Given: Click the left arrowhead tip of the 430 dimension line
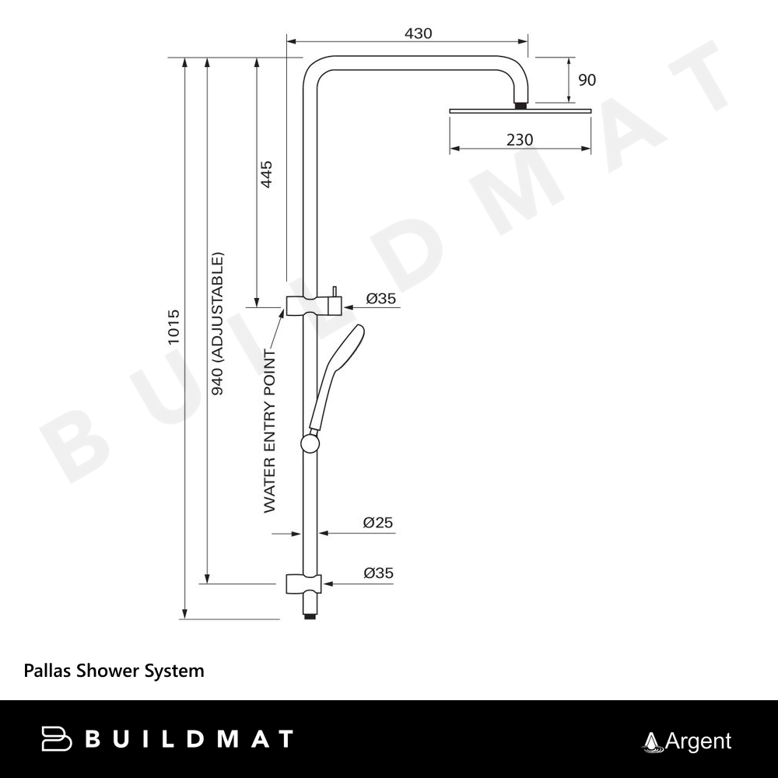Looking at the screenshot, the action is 287,42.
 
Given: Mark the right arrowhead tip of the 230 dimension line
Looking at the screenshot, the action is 591,148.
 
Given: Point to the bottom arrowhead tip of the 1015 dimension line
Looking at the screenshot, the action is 184,619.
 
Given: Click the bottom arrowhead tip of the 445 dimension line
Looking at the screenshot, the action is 257,307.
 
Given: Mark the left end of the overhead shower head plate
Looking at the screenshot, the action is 450,110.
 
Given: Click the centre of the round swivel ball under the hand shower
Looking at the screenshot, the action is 310,443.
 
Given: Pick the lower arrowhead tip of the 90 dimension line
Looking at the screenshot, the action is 569,102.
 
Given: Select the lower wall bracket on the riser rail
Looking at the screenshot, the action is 303,584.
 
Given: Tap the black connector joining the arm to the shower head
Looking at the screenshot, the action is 520,106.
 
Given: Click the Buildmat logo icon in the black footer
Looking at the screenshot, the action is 56,738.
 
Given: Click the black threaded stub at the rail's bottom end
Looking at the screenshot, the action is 310,615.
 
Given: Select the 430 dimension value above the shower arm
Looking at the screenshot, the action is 419,33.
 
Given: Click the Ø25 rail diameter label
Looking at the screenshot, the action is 378,523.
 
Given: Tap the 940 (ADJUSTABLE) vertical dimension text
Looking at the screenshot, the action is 218,324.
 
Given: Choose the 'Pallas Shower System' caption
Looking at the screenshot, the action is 114,671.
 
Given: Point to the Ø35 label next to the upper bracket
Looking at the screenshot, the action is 381,298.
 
